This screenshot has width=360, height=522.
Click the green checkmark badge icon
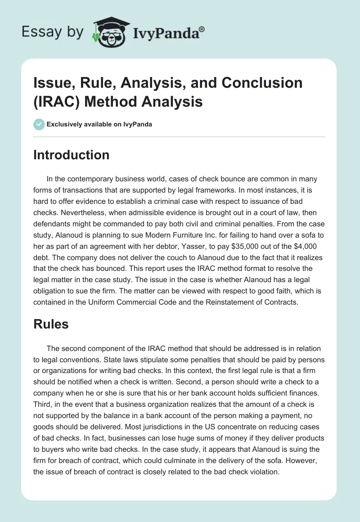[39, 124]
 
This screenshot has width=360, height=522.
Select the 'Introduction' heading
[71, 155]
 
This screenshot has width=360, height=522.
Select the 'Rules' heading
[51, 324]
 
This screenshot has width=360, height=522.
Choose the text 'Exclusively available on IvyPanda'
[99, 124]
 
